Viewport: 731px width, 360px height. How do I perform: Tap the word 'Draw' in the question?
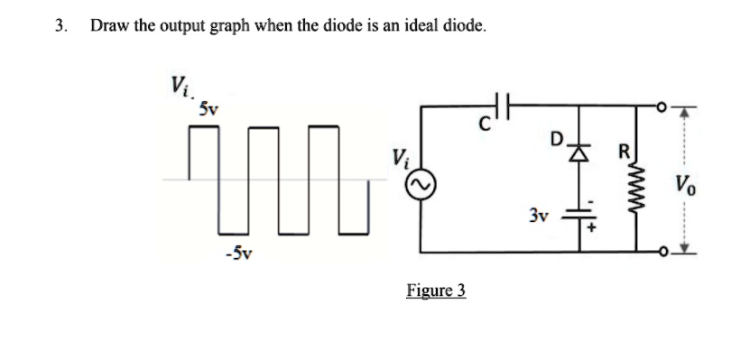point(107,25)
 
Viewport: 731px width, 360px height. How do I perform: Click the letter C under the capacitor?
point(485,127)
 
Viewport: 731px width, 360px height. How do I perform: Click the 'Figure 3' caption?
point(435,291)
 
